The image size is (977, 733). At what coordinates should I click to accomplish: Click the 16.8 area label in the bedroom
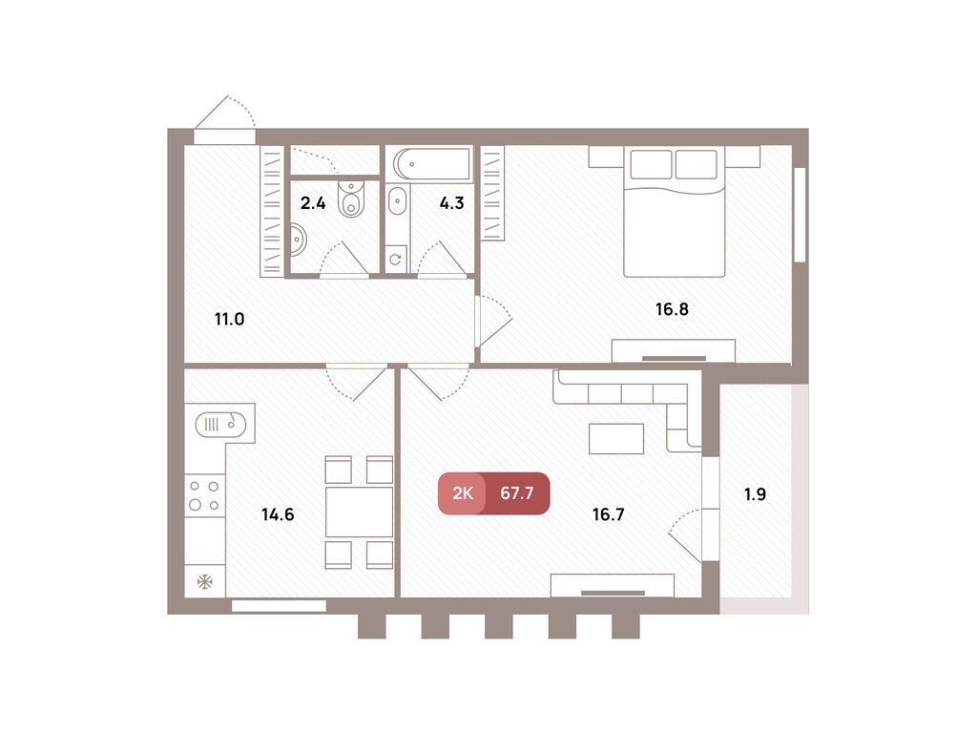coord(673,308)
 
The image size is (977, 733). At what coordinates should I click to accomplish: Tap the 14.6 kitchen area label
coord(278,514)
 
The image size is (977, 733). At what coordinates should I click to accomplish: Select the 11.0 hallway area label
coord(229,319)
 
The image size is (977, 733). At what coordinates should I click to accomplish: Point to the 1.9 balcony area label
coord(756,494)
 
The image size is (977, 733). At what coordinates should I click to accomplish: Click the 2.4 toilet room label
coord(313,202)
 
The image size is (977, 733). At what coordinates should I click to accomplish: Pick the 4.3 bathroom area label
coord(451,202)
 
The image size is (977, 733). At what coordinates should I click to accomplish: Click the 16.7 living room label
coord(609,514)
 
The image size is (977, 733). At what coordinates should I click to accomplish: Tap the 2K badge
coord(463,493)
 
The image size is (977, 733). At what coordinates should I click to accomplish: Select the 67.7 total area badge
coord(516,493)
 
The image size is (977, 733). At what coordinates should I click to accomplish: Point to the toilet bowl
coord(352,198)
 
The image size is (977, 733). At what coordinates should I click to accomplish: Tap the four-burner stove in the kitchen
coord(204,494)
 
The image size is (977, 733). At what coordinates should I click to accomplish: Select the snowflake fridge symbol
coord(204,581)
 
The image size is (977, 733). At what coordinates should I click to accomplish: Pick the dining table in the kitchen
coord(360,513)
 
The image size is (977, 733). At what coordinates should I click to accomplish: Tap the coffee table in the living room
coord(616,438)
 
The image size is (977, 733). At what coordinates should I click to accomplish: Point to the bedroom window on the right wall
coord(800,215)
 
